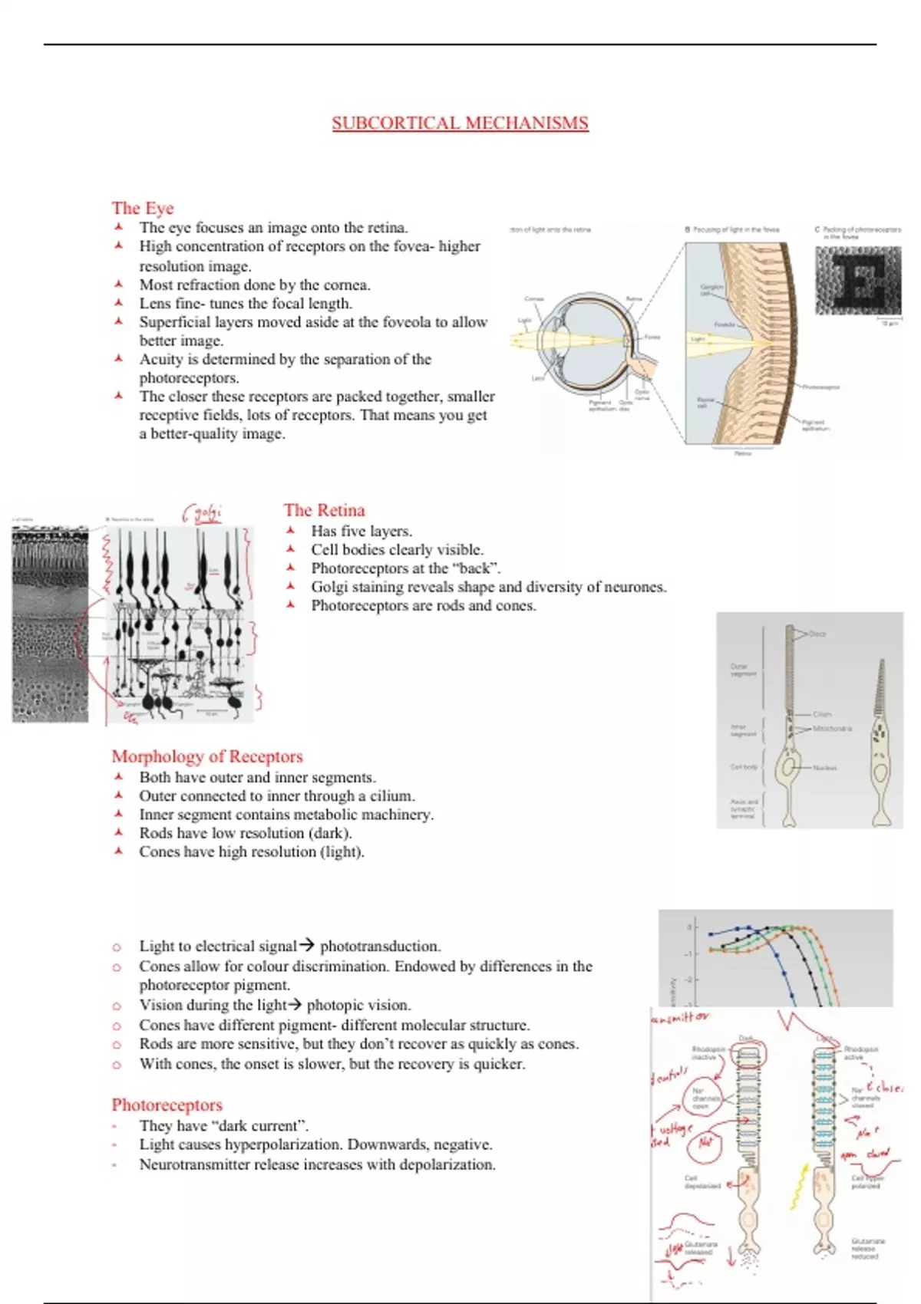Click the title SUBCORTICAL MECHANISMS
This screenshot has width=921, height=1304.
tap(460, 123)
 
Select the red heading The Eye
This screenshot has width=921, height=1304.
tap(143, 208)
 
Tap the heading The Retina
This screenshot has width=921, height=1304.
tap(324, 510)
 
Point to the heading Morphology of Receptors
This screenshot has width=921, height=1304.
tap(207, 756)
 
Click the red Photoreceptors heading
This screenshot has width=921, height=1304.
tap(167, 1105)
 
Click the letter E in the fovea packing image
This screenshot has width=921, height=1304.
tap(857, 280)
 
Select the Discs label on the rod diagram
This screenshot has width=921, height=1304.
tap(817, 634)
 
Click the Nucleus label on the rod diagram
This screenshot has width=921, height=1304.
tap(824, 767)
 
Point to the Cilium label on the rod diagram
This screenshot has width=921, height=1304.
tap(821, 714)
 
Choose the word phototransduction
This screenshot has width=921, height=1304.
tap(379, 946)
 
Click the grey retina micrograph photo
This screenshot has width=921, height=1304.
tap(50, 625)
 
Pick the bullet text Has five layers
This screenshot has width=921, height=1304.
tap(361, 531)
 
